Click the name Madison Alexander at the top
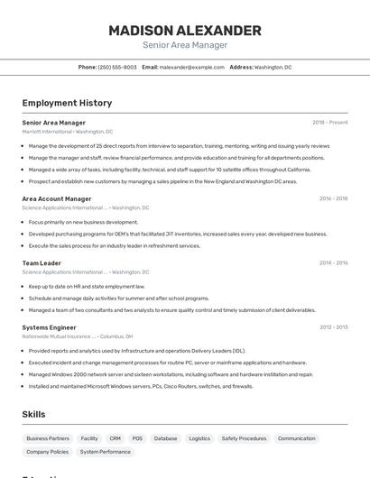(x=185, y=30)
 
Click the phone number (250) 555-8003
(x=117, y=67)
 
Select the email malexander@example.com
(x=191, y=67)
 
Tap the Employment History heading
(x=67, y=103)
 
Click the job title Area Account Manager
(x=57, y=198)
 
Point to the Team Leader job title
(x=42, y=262)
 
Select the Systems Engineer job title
(x=49, y=326)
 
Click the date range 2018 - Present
(x=329, y=122)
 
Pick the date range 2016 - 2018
(x=333, y=198)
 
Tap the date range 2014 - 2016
(x=333, y=262)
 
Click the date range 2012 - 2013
(x=333, y=326)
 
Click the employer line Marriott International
(x=68, y=131)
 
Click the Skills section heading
(x=34, y=414)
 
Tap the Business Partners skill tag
(x=48, y=438)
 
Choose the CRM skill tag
(x=116, y=438)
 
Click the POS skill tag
(x=137, y=438)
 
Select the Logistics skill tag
(x=199, y=438)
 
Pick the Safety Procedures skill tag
(x=244, y=438)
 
